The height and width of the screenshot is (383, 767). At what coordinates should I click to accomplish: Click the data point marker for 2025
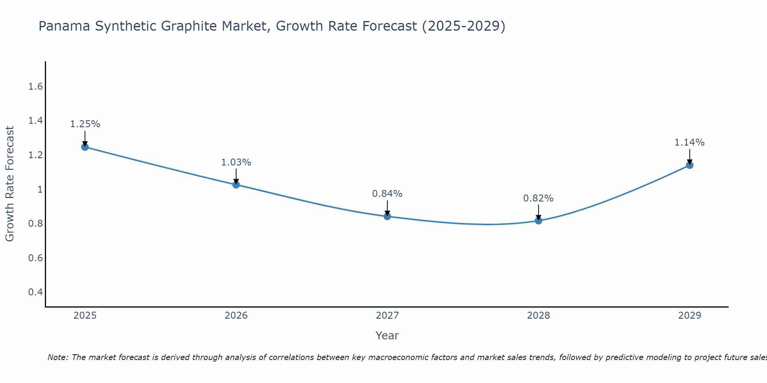click(x=85, y=147)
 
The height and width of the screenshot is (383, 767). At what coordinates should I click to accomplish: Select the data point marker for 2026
click(x=236, y=185)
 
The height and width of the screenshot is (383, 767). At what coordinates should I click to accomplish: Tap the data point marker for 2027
click(x=387, y=216)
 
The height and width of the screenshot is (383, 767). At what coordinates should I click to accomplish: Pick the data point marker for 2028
click(x=538, y=221)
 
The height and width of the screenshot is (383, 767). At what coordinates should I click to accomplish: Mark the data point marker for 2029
click(x=690, y=165)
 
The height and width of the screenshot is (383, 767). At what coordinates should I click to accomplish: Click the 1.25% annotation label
click(x=85, y=124)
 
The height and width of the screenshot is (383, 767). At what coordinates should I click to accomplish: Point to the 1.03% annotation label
click(x=236, y=162)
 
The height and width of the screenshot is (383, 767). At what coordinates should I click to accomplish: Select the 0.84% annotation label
click(x=387, y=194)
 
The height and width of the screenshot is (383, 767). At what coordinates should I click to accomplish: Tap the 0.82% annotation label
click(x=538, y=198)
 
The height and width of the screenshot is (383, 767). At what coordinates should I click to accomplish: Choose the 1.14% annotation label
click(x=690, y=142)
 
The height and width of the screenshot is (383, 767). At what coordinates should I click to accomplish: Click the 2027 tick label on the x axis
click(x=387, y=316)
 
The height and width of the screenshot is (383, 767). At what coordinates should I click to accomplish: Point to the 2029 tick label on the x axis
click(x=690, y=316)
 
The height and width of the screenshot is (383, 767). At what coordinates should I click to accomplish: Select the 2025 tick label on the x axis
click(x=85, y=316)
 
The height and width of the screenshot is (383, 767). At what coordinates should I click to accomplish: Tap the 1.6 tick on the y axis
click(x=35, y=87)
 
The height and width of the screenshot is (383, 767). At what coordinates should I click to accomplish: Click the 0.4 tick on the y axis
click(x=35, y=292)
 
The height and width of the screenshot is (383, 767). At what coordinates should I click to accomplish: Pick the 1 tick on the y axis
click(x=40, y=190)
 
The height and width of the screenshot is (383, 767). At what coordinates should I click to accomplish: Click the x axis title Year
click(x=387, y=336)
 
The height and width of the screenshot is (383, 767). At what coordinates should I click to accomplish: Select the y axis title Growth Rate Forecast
click(x=10, y=184)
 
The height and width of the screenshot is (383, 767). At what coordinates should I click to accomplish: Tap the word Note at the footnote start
click(x=58, y=357)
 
